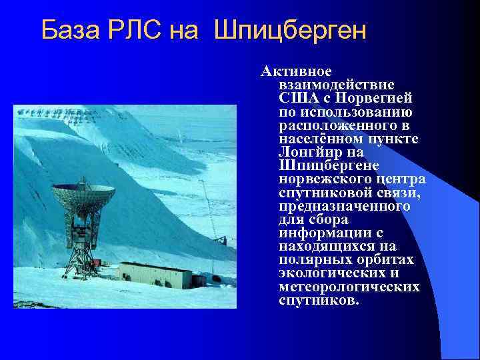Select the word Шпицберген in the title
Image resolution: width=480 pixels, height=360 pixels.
pyautogui.click(x=291, y=31)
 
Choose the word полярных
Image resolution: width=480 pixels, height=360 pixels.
pyautogui.click(x=309, y=260)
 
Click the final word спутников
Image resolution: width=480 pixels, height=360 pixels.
pyautogui.click(x=319, y=301)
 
